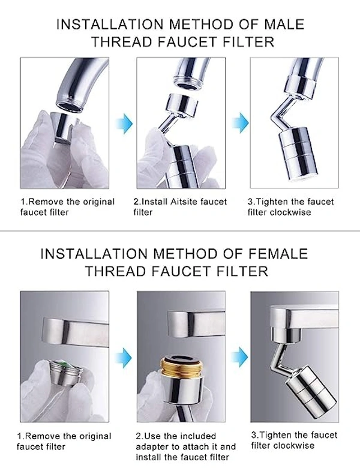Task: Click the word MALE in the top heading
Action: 284,24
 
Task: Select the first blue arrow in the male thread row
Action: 125,122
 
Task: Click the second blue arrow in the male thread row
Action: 241,122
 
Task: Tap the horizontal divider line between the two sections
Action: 180,231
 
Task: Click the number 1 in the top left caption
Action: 22,202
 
